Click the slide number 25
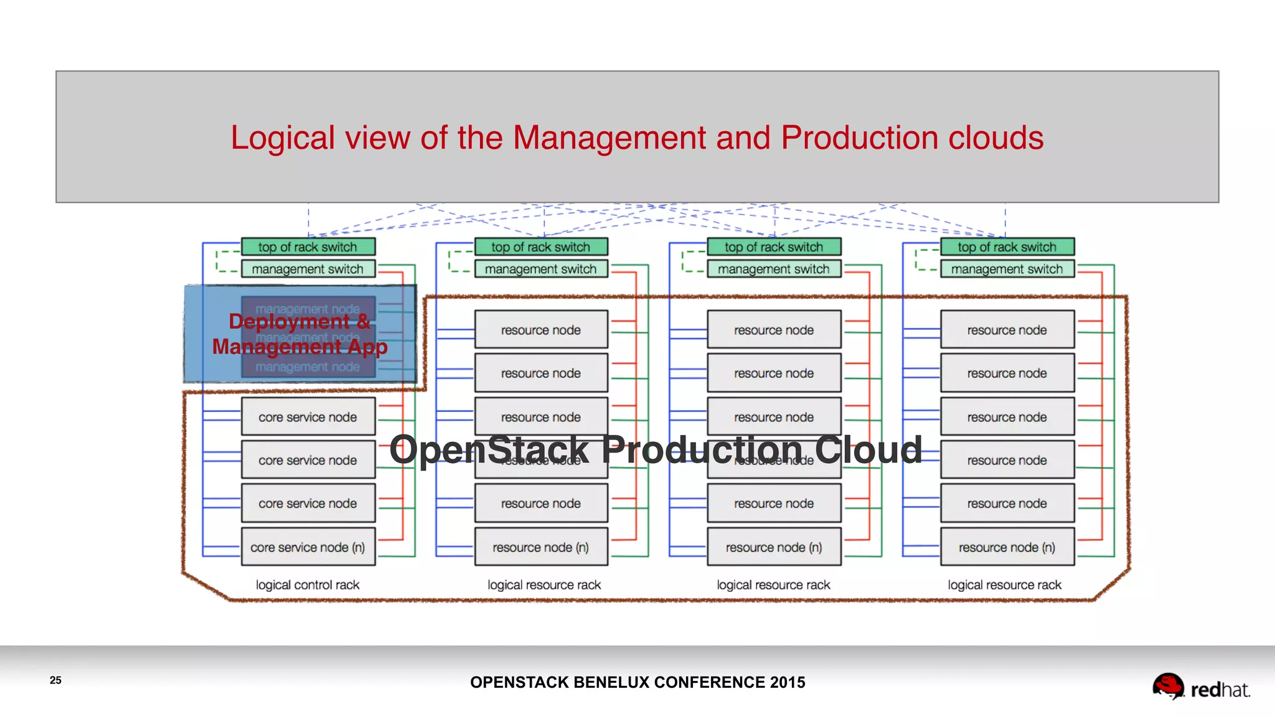(55, 680)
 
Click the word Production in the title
(859, 138)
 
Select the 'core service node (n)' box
(308, 547)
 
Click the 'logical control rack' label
(308, 585)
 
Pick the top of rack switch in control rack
(308, 247)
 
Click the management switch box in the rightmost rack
(1007, 269)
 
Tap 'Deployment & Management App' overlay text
(299, 334)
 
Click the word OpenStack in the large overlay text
(489, 449)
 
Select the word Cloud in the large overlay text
(868, 449)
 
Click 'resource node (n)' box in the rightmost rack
(1007, 547)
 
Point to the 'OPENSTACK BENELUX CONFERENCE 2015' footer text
(637, 682)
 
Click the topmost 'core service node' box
(308, 417)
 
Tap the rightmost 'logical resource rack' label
(1004, 585)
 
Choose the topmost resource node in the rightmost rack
(1007, 330)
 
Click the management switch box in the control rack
(308, 269)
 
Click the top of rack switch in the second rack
(540, 247)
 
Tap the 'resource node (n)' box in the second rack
(540, 547)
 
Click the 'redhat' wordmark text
(1220, 690)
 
